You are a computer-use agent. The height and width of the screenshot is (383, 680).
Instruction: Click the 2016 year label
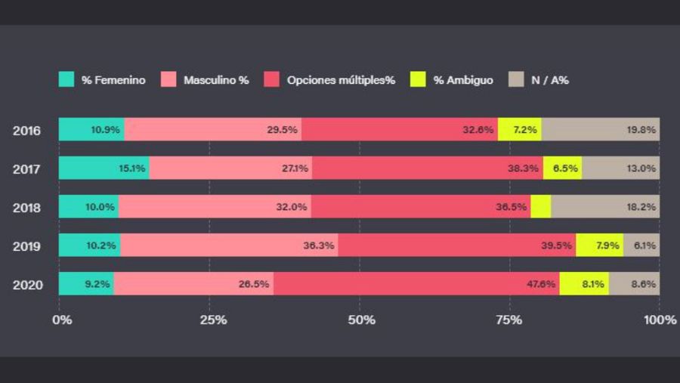[26, 130]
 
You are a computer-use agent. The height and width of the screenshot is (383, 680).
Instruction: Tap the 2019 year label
[26, 246]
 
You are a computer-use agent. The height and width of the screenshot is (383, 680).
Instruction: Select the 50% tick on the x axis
[362, 320]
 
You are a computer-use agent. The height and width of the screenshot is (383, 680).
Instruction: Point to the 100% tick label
[660, 320]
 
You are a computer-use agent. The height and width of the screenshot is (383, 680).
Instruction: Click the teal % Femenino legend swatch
[66, 79]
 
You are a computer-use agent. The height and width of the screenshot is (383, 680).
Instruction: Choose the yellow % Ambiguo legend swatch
[418, 79]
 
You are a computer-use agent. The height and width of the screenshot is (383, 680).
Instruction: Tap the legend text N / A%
[550, 80]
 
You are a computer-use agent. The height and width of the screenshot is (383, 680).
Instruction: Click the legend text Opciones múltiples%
[341, 80]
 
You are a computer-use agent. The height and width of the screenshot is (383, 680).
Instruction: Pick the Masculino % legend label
[216, 80]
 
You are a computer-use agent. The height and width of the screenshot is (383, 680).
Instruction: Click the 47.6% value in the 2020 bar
[541, 284]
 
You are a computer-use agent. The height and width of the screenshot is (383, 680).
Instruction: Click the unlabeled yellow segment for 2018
[540, 207]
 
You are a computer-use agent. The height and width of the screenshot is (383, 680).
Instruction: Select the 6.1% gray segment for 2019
[641, 246]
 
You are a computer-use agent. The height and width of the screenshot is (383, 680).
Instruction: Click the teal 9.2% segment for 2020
[86, 284]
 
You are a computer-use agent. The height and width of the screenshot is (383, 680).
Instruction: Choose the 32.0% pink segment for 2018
[215, 207]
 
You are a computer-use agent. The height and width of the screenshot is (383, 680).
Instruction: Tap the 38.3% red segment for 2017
[427, 168]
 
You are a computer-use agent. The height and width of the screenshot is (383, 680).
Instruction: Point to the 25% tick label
[213, 320]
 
